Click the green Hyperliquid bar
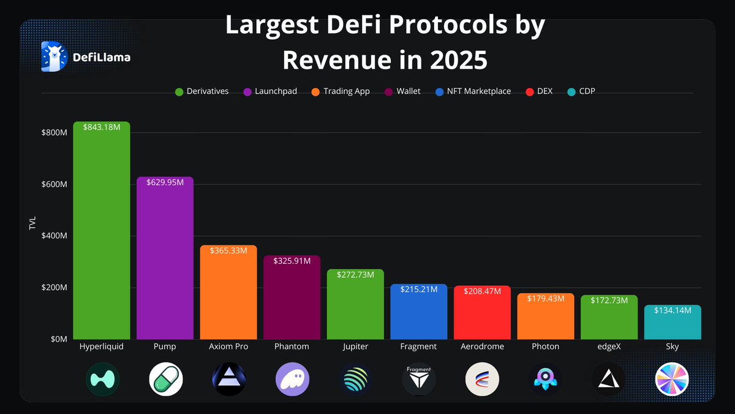point(101,233)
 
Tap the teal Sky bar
point(673,325)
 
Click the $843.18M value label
point(102,126)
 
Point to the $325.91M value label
point(292,261)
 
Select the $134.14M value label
point(673,310)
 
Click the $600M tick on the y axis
point(54,185)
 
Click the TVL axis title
point(32,223)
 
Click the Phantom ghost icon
point(292,379)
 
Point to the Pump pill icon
point(165,379)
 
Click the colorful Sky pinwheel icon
point(672,379)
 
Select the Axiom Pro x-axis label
point(228,347)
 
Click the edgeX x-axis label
point(609,347)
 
